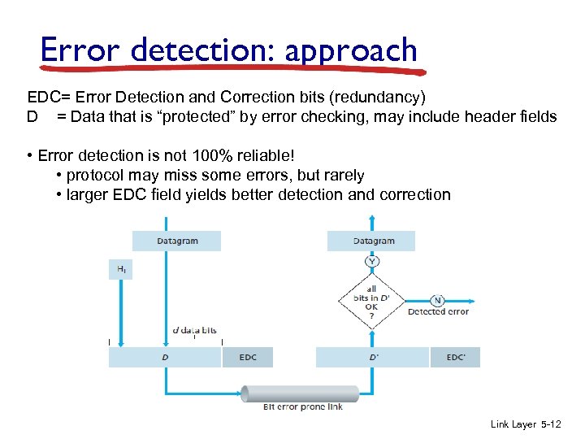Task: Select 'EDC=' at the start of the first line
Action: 48,98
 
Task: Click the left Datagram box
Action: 176,241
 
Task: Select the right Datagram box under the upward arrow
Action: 370,241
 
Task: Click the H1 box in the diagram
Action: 119,269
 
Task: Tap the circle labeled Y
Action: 371,261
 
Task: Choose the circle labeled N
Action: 437,299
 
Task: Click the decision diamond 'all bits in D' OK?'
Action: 371,301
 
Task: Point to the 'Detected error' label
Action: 438,312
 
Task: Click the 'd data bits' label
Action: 194,331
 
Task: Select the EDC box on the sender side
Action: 248,357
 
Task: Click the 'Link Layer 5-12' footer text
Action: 525,424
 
